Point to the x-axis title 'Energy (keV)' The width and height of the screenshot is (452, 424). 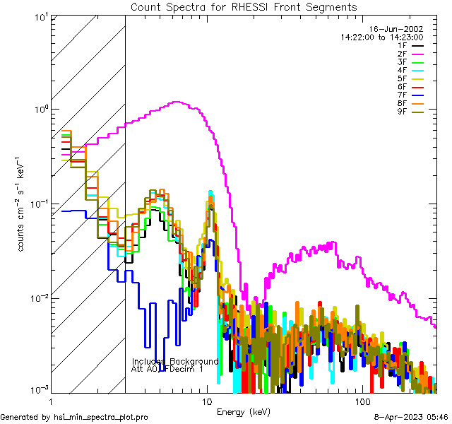coord(243,411)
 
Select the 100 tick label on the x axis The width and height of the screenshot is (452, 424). coord(362,401)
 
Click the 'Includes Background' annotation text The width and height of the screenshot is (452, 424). coord(175,361)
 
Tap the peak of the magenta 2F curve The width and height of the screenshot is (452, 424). coord(177,102)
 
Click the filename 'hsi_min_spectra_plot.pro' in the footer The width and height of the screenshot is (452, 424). coord(101,417)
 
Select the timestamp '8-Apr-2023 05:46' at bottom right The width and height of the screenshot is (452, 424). coord(411,417)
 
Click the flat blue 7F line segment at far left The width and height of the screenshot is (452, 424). coord(73,211)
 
